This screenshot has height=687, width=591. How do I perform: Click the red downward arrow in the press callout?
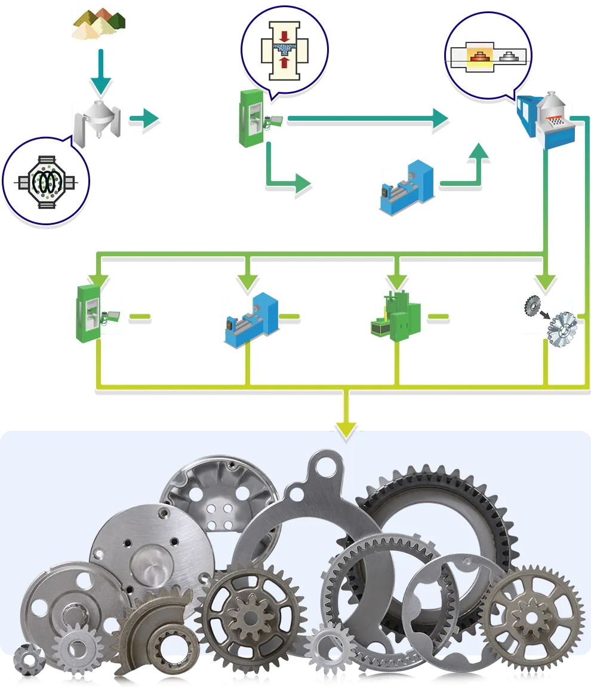tap(284, 35)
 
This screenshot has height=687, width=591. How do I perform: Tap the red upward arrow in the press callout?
tap(284, 61)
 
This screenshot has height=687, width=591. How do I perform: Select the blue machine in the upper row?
tap(406, 186)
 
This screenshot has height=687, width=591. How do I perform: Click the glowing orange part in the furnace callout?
tap(478, 57)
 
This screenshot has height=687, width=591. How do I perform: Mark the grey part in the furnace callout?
tap(507, 57)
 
